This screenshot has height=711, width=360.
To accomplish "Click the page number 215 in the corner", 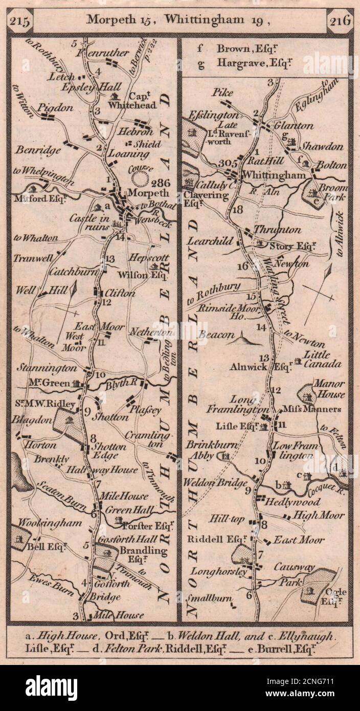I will [20, 22].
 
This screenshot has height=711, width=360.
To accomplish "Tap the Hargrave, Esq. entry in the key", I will [245, 64].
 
